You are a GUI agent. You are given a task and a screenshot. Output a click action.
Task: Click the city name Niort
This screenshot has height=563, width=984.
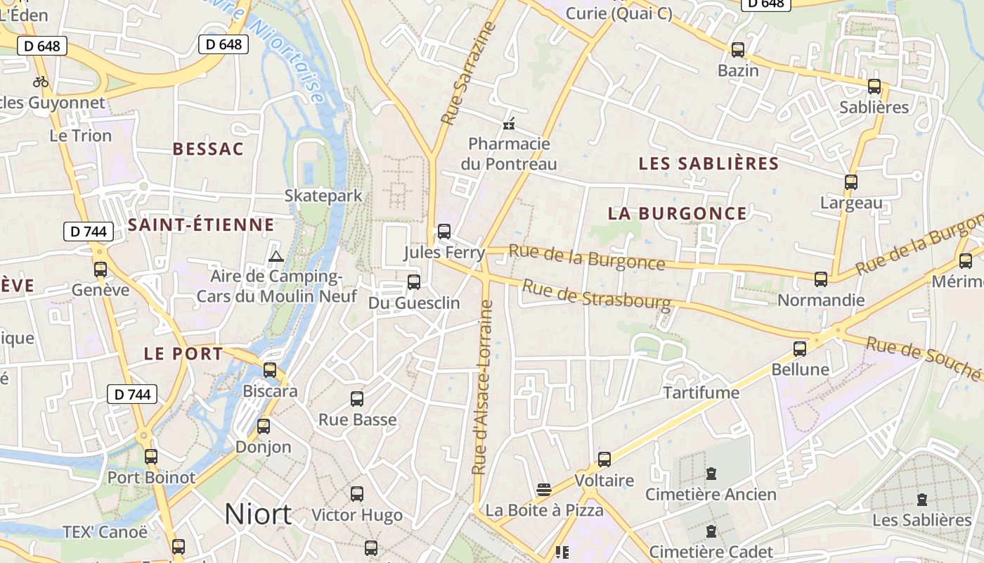tap(258, 514)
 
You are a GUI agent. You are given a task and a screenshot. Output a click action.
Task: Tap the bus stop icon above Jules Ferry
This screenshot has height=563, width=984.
tap(444, 231)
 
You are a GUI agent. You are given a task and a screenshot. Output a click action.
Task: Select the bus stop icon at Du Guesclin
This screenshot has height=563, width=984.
tap(414, 282)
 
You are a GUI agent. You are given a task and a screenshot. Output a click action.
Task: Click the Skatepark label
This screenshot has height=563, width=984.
tap(323, 196)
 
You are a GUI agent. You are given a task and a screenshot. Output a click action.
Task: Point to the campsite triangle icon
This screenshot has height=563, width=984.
tap(276, 256)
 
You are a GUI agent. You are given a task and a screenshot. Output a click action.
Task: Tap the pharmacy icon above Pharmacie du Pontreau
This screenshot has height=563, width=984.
tap(509, 125)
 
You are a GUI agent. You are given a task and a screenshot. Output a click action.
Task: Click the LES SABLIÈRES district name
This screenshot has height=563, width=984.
tap(708, 163)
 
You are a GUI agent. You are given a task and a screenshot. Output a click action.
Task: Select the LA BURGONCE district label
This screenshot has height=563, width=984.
tap(677, 213)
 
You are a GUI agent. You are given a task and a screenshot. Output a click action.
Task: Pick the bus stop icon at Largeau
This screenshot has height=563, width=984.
tap(851, 182)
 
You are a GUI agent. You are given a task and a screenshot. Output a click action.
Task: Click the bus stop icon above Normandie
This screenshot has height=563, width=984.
tap(821, 279)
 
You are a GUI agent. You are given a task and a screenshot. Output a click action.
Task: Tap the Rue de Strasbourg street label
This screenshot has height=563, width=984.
tap(597, 294)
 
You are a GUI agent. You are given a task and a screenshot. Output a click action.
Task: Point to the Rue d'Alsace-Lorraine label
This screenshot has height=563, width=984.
tap(482, 387)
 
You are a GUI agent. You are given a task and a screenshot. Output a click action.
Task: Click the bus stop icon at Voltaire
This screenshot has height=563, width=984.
tap(604, 460)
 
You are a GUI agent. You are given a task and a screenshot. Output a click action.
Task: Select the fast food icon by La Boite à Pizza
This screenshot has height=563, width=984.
tap(543, 489)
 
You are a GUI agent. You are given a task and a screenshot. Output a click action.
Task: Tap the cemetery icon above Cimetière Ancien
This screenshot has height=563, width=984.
tap(711, 474)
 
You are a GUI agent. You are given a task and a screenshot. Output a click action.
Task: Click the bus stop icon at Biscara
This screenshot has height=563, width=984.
tap(270, 370)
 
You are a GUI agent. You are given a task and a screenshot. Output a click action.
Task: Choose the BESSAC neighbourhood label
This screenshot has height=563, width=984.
tap(208, 149)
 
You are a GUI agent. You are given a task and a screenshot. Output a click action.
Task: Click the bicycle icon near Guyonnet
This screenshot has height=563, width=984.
tap(41, 82)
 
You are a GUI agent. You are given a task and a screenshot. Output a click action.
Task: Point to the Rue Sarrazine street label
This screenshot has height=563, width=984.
tap(468, 74)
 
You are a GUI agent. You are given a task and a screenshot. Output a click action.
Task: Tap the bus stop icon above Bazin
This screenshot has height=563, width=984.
tap(738, 50)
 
